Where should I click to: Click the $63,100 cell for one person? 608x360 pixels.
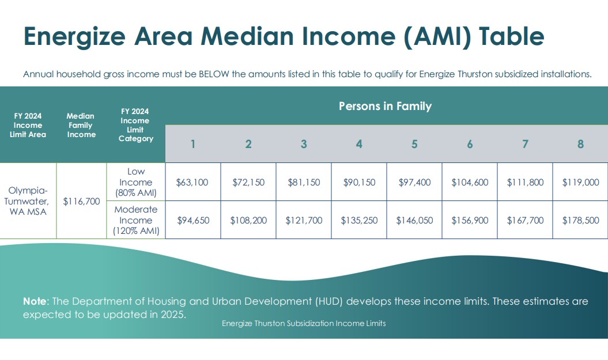[x=192, y=182]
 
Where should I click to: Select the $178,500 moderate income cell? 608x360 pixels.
[x=580, y=220]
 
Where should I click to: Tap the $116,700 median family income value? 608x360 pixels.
[x=81, y=201]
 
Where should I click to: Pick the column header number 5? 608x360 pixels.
[x=414, y=144]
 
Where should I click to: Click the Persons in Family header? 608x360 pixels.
[x=385, y=106]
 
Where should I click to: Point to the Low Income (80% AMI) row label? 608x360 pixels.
[x=135, y=182]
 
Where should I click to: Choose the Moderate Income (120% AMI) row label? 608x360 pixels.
[x=135, y=219]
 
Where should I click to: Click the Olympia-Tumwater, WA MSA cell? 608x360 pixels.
[x=28, y=201]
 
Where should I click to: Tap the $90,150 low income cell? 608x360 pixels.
[x=359, y=182]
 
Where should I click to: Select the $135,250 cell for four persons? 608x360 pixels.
[x=359, y=220]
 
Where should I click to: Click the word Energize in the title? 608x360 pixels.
[x=74, y=36]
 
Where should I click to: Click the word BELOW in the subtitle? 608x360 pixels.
[x=214, y=74]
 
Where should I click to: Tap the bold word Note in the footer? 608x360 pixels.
[x=35, y=301]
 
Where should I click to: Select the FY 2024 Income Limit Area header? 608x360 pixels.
[x=28, y=125]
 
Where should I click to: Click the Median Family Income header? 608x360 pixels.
[x=81, y=125]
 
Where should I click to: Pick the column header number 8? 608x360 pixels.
[x=580, y=144]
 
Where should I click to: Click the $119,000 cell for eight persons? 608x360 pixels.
[x=580, y=182]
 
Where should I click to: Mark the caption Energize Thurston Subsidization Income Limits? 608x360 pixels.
[x=304, y=323]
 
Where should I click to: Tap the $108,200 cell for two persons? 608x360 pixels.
[x=248, y=220]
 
